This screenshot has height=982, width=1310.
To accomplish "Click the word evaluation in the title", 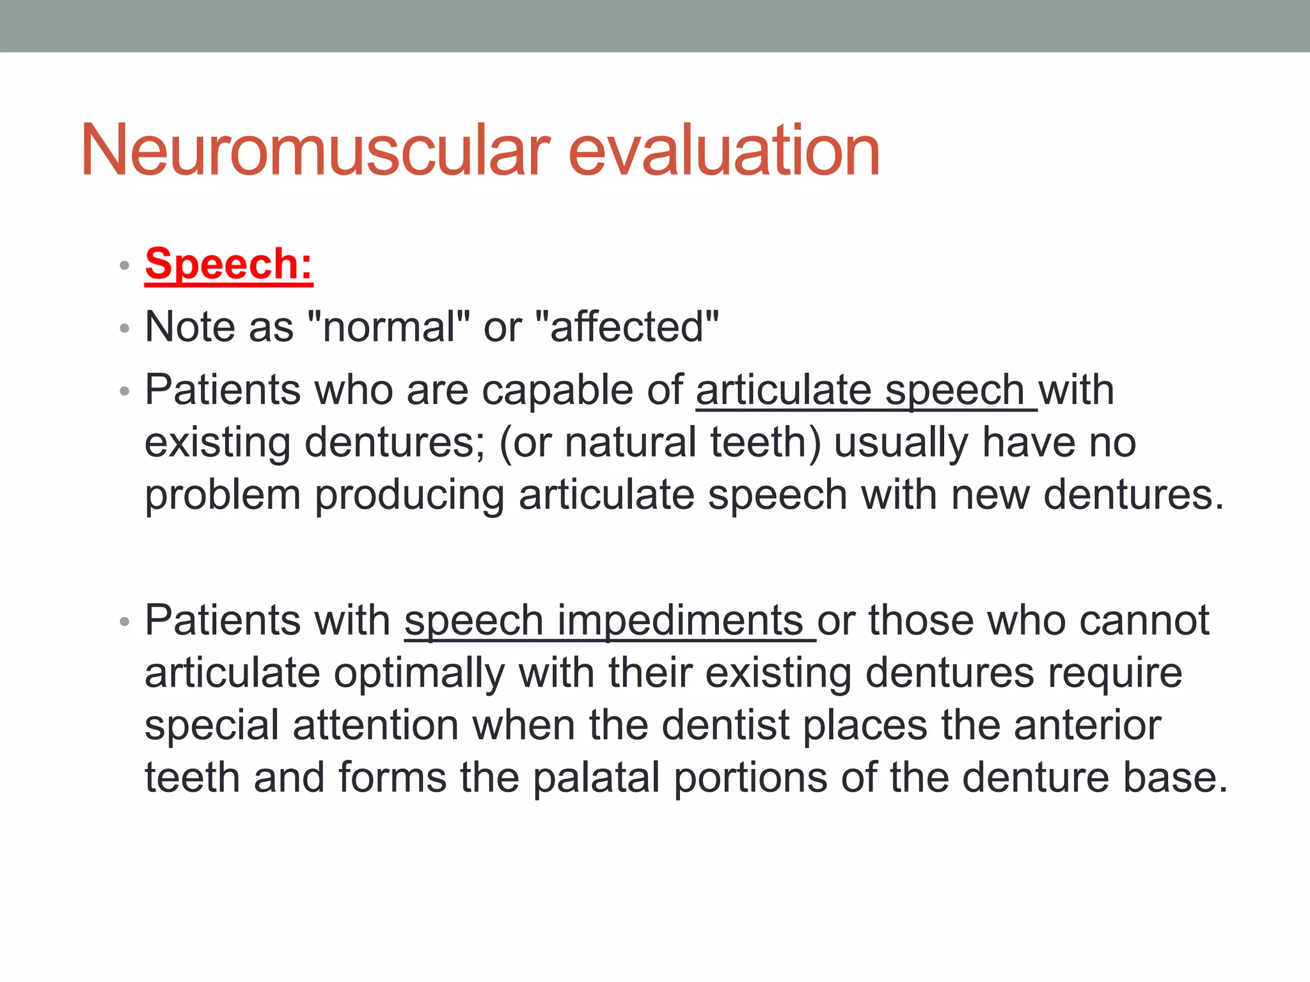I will coord(723,151).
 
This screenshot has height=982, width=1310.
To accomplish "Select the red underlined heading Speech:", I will coord(228,263).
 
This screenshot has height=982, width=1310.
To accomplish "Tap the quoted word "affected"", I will coord(626,327).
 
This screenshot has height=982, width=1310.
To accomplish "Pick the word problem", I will coord(222,495).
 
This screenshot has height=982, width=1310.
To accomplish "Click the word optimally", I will coord(418,673).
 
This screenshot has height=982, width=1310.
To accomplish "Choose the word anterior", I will coord(1087,726).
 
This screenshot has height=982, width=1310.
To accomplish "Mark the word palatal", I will coord(596,778).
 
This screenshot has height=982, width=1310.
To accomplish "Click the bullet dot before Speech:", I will coord(125,265).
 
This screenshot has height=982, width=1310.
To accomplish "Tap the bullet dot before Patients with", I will coord(125,622).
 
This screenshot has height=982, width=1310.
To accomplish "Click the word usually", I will coord(900,442).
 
